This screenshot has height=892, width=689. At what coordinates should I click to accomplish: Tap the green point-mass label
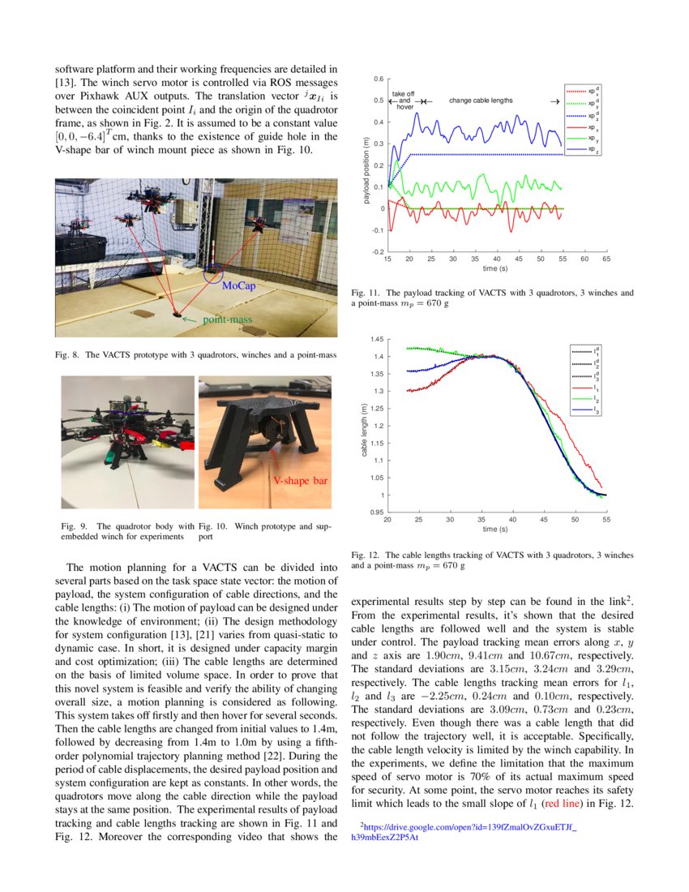(x=227, y=319)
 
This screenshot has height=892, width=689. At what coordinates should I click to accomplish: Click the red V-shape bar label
(x=300, y=481)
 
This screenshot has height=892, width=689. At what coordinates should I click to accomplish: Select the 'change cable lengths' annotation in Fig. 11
(x=481, y=101)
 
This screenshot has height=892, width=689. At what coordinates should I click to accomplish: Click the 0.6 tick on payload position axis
(x=378, y=80)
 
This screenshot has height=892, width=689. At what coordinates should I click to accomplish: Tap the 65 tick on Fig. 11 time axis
(x=606, y=259)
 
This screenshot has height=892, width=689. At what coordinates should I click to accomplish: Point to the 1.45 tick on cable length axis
(x=376, y=339)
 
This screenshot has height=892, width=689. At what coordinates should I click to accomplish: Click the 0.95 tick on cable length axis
(x=376, y=512)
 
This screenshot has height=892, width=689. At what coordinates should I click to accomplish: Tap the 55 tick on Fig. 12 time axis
(x=606, y=519)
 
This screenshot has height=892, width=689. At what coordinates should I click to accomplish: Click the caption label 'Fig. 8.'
(x=66, y=354)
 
